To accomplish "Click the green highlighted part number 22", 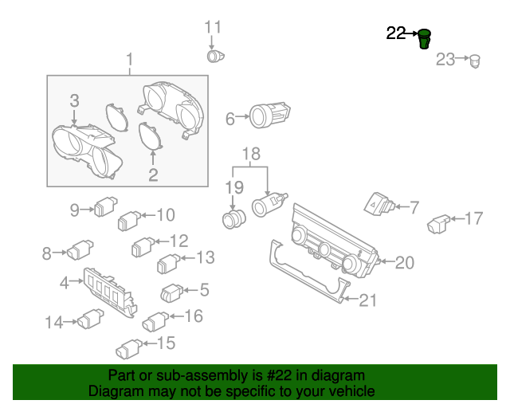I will pyautogui.click(x=425, y=37).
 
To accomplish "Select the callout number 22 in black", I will pyautogui.click(x=396, y=33).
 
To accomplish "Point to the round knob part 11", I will pyautogui.click(x=216, y=57).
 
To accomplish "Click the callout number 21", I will pyautogui.click(x=367, y=300).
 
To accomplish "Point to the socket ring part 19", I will pyautogui.click(x=232, y=218).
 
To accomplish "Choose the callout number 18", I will pyautogui.click(x=251, y=153).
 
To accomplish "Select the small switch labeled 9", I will pyautogui.click(x=105, y=209).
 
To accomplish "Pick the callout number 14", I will pyautogui.click(x=53, y=323).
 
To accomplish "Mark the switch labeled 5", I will pyautogui.click(x=173, y=292).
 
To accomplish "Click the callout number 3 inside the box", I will pyautogui.click(x=74, y=100).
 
